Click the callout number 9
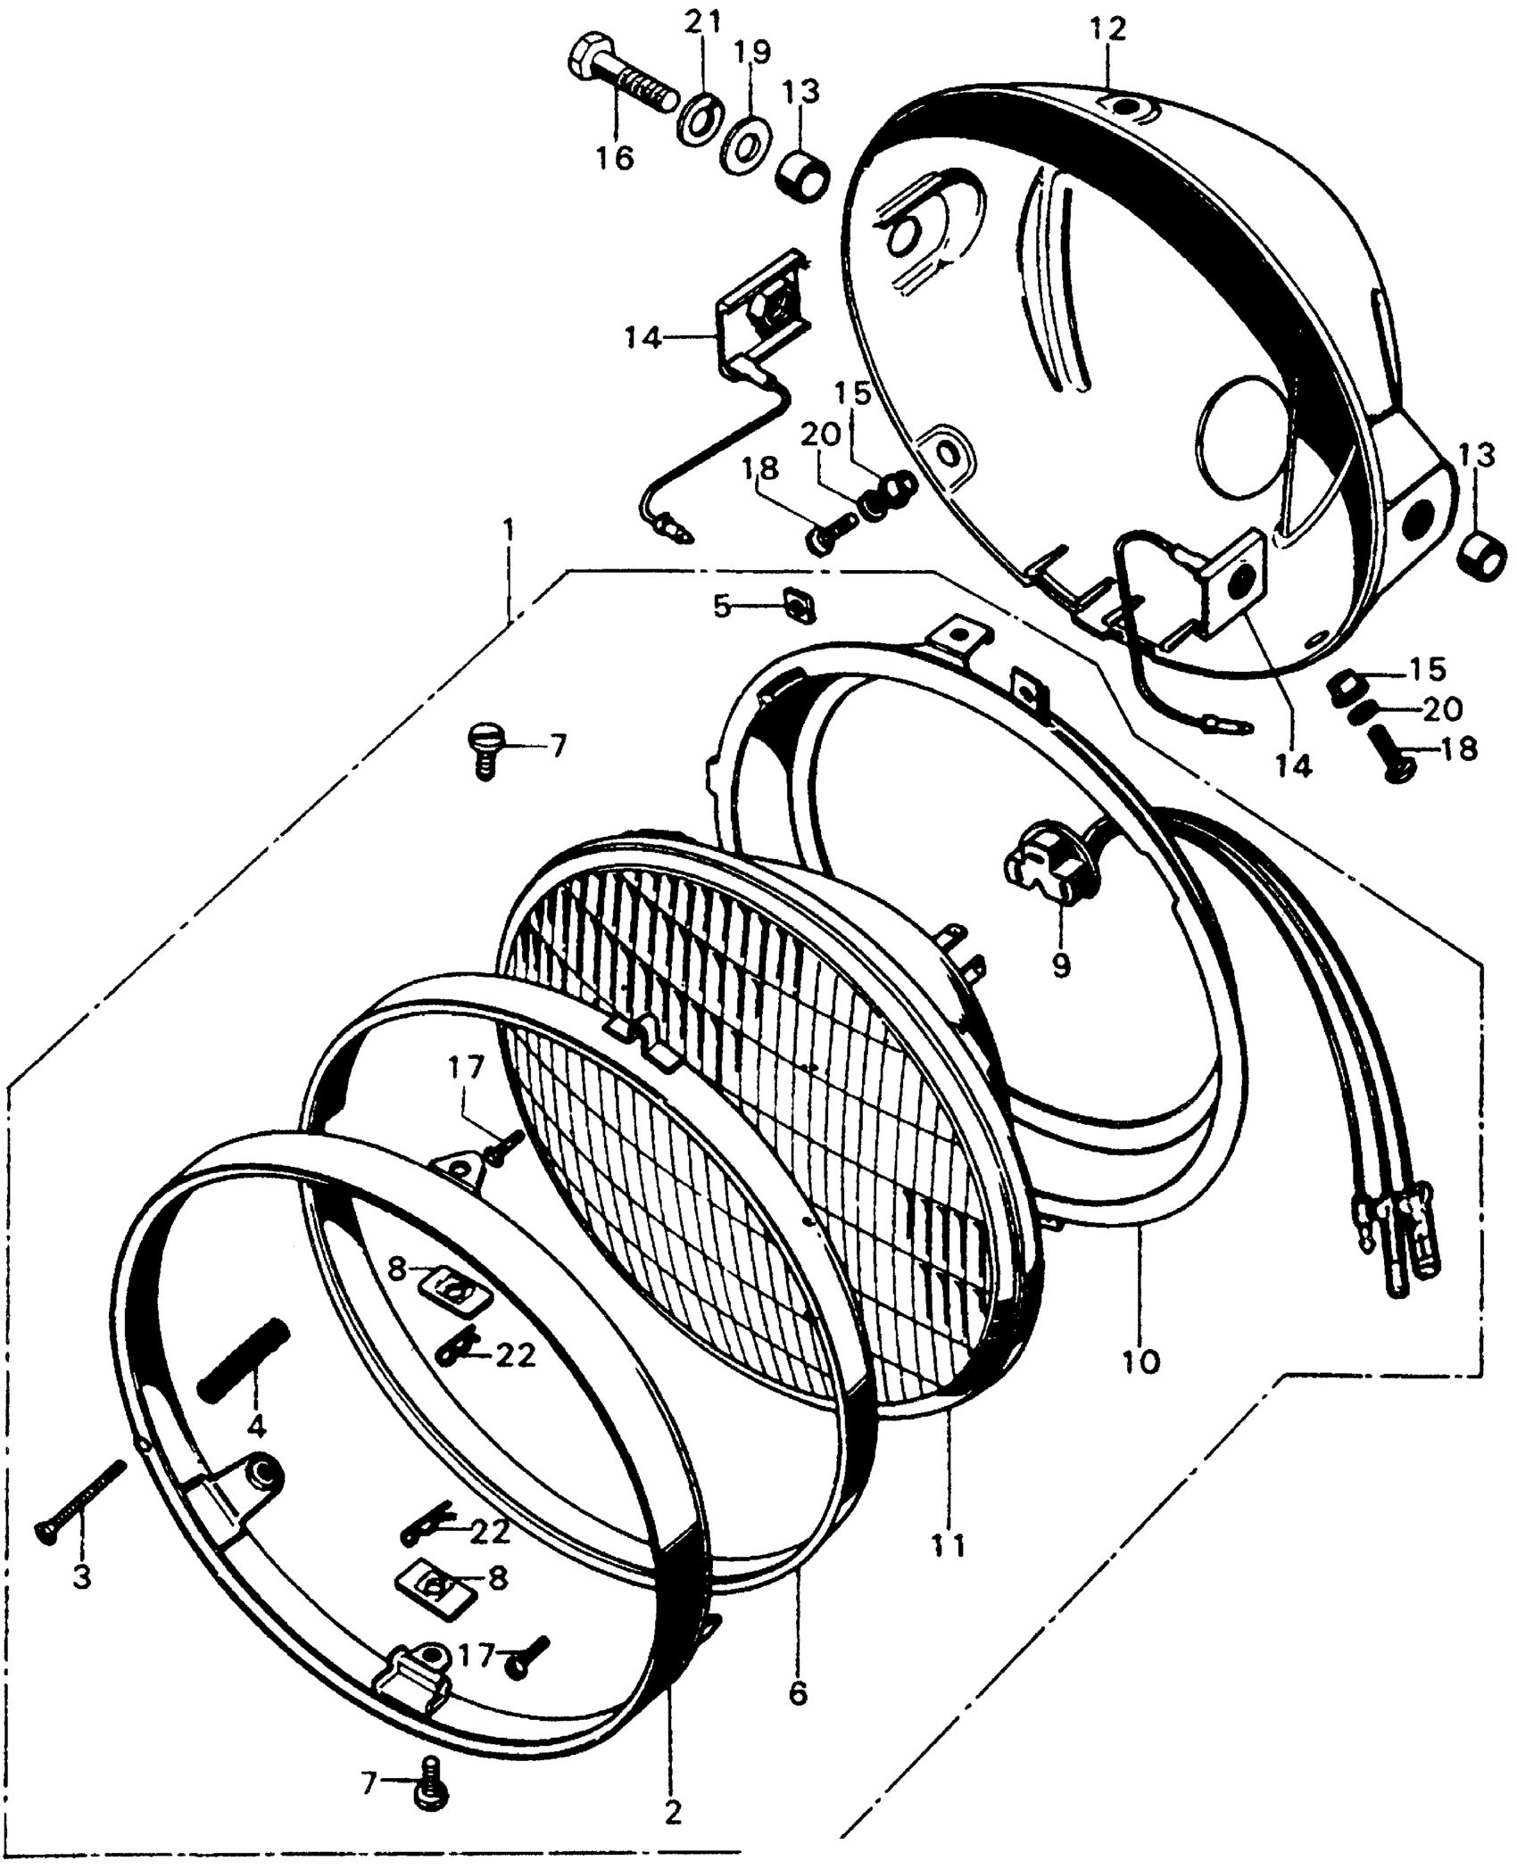pyautogui.click(x=1060, y=966)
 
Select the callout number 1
pyautogui.click(x=508, y=529)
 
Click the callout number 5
pyautogui.click(x=722, y=607)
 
